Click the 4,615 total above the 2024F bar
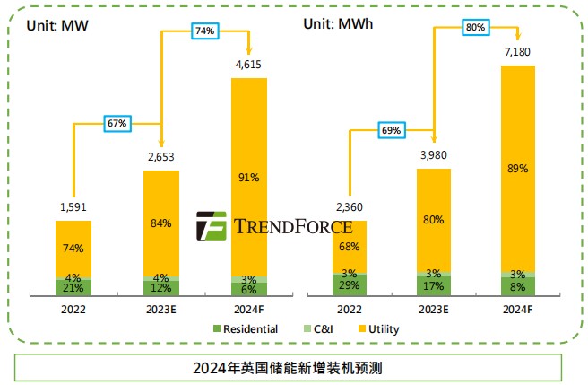pyautogui.click(x=248, y=65)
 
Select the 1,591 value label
pyautogui.click(x=73, y=208)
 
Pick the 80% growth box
pyautogui.click(x=475, y=27)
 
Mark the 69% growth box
pyautogui.click(x=392, y=130)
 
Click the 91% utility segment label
pyautogui.click(x=248, y=178)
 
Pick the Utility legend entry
pyautogui.click(x=376, y=328)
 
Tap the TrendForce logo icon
pyautogui.click(x=212, y=226)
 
